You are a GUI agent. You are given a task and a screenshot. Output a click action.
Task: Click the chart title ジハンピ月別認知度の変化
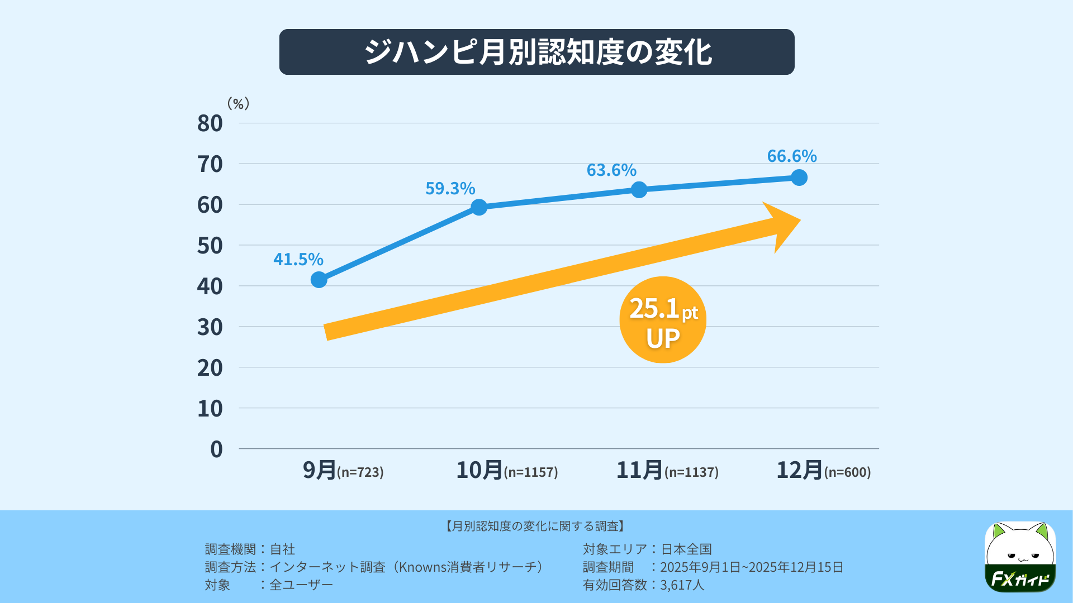click(x=536, y=52)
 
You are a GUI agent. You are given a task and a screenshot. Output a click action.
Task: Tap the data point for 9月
click(x=319, y=280)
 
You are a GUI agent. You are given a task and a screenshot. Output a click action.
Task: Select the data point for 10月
click(x=479, y=207)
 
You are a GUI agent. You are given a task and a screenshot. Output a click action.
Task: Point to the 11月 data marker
click(x=639, y=190)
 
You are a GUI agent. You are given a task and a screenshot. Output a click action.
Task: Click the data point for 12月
click(x=799, y=178)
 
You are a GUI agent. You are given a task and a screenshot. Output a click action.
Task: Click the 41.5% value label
click(x=298, y=259)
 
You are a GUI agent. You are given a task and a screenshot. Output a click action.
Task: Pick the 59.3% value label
click(x=450, y=188)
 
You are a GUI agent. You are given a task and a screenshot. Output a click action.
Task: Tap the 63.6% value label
click(x=611, y=170)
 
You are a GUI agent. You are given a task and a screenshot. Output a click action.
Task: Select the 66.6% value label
click(x=791, y=156)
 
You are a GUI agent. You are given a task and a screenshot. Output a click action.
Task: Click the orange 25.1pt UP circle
click(x=663, y=320)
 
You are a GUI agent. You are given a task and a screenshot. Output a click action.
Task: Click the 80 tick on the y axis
click(x=210, y=123)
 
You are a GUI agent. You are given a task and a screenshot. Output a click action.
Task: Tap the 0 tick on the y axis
click(x=216, y=449)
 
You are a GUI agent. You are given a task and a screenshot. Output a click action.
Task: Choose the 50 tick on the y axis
click(x=210, y=246)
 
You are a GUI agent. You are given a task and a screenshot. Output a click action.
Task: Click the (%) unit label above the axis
click(x=238, y=103)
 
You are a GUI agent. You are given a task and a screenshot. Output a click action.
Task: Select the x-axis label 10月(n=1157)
click(x=507, y=470)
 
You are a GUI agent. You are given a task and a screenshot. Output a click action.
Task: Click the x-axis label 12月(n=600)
click(x=823, y=470)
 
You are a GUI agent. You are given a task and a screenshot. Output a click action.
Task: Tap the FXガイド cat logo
click(x=1020, y=557)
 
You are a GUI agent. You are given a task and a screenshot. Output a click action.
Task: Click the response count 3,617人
click(x=682, y=585)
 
